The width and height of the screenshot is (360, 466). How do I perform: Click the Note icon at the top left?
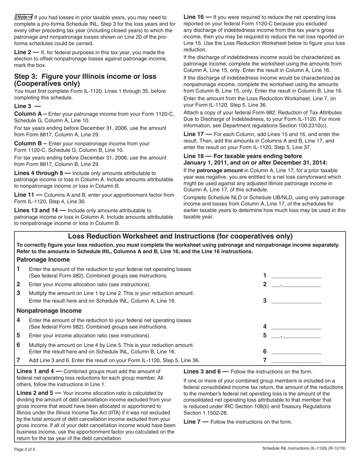point(23,17)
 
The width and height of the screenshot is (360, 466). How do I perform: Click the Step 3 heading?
point(85,80)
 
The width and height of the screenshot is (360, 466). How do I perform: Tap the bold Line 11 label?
point(28,195)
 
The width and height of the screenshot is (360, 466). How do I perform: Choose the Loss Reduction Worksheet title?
point(180,236)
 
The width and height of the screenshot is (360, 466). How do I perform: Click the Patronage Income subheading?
point(43,260)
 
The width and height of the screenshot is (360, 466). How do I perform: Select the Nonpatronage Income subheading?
point(49,311)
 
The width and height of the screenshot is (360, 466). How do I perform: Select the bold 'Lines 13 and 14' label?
point(40,210)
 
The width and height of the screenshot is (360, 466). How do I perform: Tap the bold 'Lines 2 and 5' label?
point(39,393)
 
